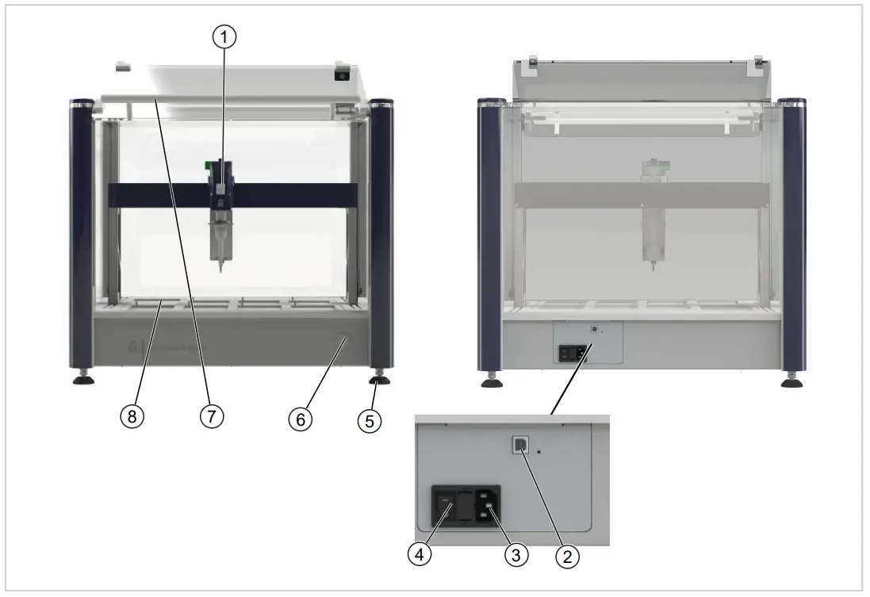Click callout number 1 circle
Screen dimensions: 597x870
click(228, 36)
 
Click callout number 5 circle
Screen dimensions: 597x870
click(368, 422)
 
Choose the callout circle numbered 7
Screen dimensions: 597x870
click(211, 416)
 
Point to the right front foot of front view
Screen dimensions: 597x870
click(379, 378)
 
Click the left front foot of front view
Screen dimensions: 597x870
click(83, 378)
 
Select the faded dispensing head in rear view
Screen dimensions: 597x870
click(652, 214)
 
